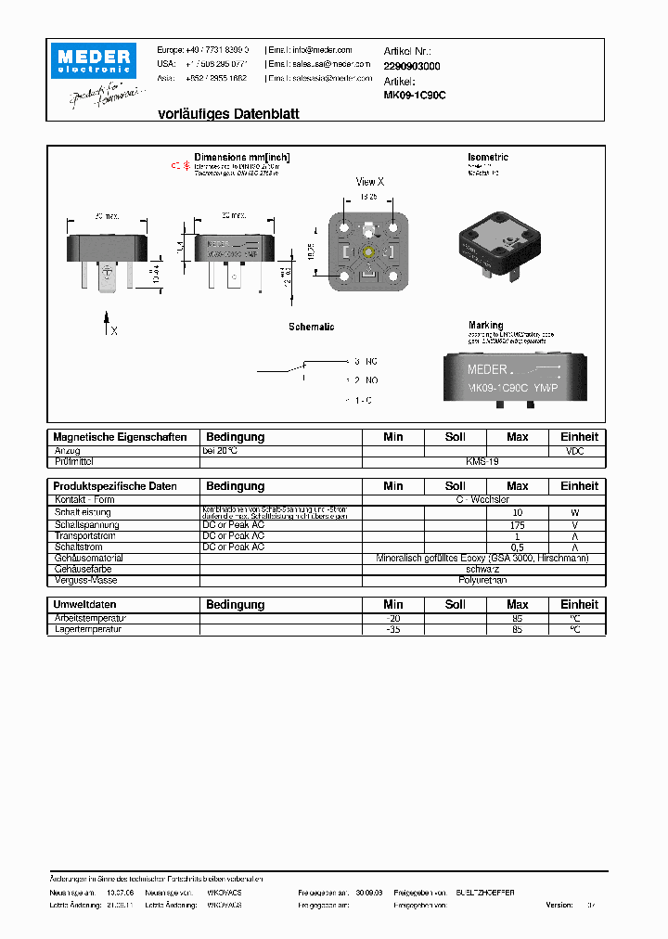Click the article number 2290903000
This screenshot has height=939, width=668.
click(411, 67)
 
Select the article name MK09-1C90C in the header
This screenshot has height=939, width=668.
click(414, 95)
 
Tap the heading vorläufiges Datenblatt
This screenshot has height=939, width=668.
click(215, 114)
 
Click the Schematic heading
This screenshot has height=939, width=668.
click(311, 328)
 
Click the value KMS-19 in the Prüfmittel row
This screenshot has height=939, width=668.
click(482, 461)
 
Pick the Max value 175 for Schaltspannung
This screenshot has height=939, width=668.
click(517, 524)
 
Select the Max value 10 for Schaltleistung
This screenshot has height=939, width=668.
click(517, 512)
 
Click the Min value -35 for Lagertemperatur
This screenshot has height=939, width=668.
click(393, 629)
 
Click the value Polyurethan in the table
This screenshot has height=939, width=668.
click(482, 580)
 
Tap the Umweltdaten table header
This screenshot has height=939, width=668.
click(86, 605)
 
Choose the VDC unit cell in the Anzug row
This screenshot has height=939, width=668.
click(579, 450)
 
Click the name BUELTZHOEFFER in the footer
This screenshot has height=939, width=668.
click(479, 892)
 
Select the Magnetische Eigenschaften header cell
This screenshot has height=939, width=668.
click(121, 437)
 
